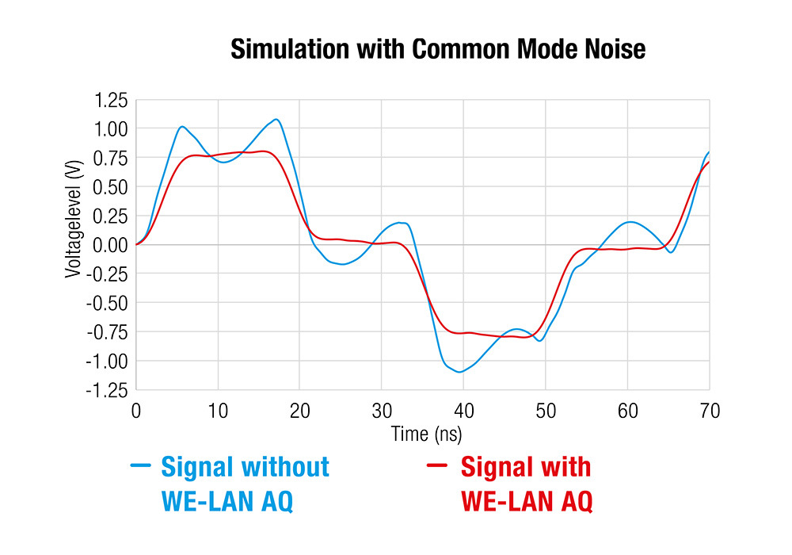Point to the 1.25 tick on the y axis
click(110, 100)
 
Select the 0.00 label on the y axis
click(110, 245)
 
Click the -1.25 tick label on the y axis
click(108, 390)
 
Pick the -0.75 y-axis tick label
click(108, 332)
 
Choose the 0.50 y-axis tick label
click(110, 187)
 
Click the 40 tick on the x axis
click(463, 411)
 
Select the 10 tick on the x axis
click(218, 411)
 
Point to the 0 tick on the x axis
click(136, 411)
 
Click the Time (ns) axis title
click(425, 434)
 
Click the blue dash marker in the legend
click(140, 466)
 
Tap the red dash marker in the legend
click(438, 466)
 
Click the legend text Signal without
click(245, 467)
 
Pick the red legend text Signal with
click(526, 467)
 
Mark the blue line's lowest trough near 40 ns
click(459, 372)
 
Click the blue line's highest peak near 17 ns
click(276, 120)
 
